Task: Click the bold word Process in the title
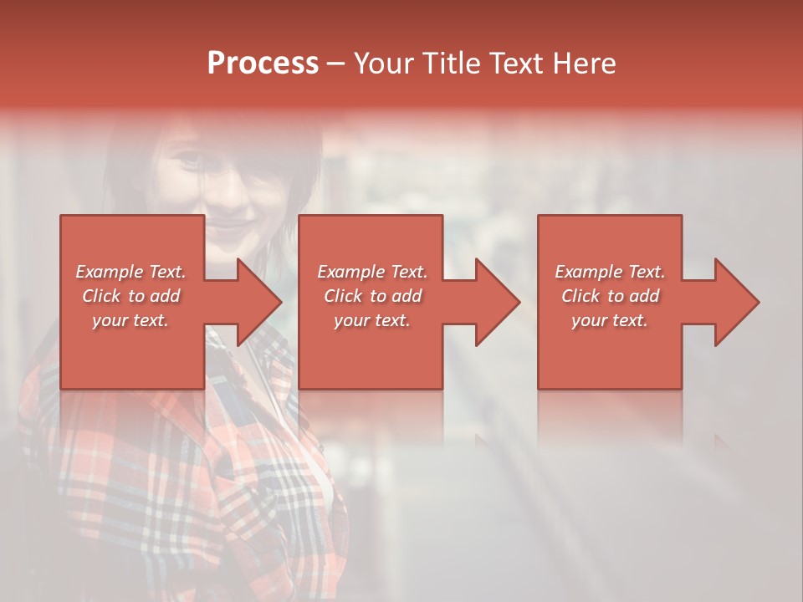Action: [263, 64]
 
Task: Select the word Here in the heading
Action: [583, 64]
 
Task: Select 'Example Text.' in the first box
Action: [130, 272]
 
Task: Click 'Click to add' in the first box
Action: [130, 296]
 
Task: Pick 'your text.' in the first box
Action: [130, 320]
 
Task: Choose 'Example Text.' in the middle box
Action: [372, 272]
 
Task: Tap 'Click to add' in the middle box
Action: [372, 296]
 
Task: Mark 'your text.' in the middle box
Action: [372, 320]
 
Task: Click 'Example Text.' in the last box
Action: [610, 272]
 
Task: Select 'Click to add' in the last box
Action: [610, 296]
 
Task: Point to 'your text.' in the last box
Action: [610, 320]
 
